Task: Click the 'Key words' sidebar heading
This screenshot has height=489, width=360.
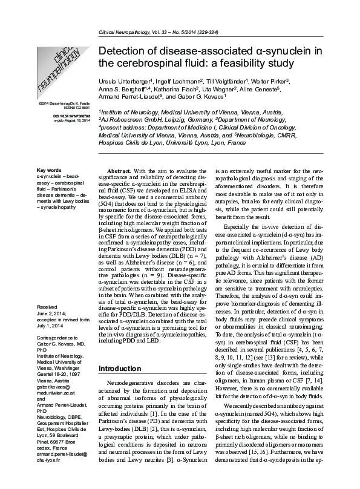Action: [49, 170]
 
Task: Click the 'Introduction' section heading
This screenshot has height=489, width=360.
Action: [119, 368]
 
